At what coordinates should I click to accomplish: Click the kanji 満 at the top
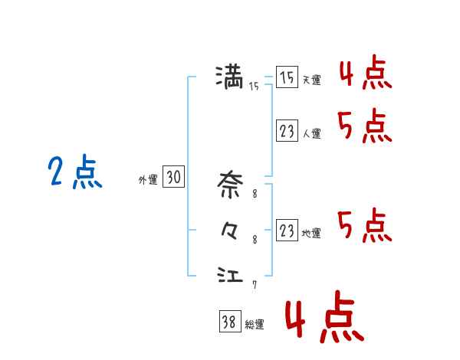(x=229, y=77)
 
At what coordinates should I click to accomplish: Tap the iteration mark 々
(x=229, y=230)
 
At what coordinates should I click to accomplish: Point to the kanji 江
(x=230, y=273)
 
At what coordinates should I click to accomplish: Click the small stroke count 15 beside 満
(x=254, y=87)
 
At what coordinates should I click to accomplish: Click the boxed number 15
(x=287, y=78)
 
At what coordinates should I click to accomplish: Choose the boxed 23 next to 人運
(x=287, y=132)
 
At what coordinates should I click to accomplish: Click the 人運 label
(x=310, y=133)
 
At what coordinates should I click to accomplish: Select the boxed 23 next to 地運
(x=287, y=231)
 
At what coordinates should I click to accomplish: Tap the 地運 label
(x=310, y=233)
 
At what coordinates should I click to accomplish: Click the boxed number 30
(x=173, y=178)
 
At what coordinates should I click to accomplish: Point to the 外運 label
(x=148, y=180)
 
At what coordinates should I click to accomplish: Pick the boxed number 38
(x=228, y=322)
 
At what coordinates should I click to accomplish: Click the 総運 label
(x=254, y=325)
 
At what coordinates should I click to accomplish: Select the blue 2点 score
(x=74, y=172)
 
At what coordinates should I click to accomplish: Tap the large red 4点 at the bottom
(x=323, y=322)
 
